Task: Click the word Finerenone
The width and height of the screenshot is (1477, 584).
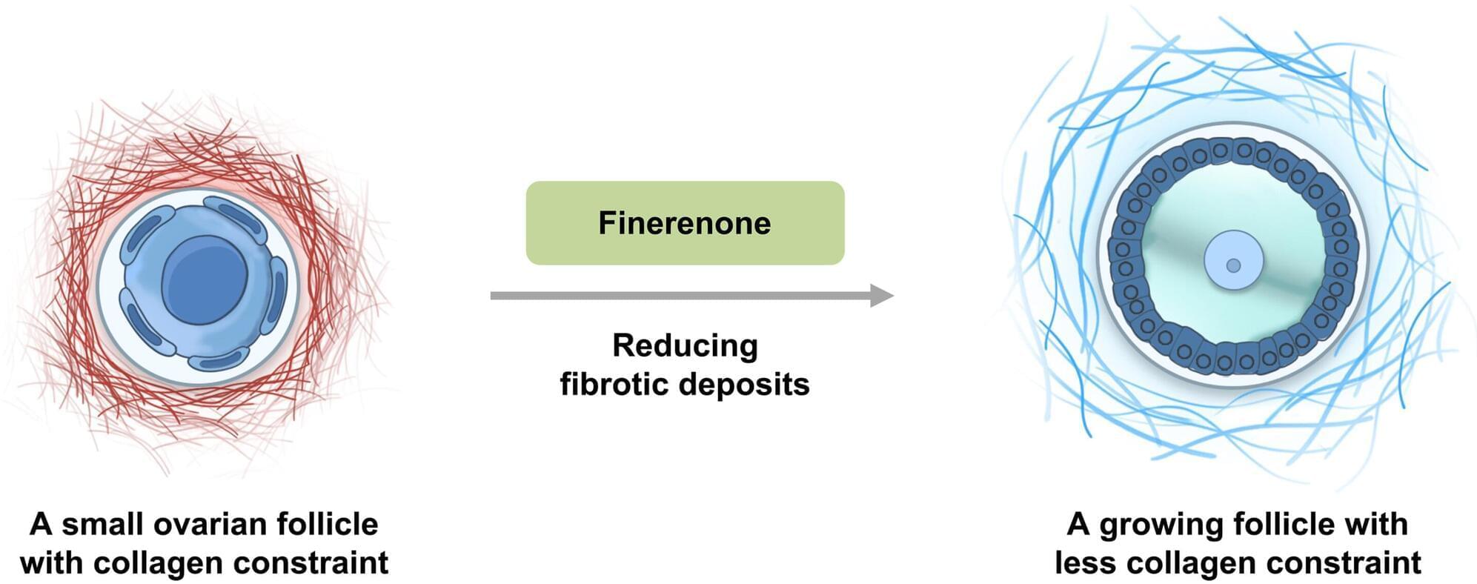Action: click(x=684, y=223)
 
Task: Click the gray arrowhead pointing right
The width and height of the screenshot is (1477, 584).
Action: click(x=881, y=296)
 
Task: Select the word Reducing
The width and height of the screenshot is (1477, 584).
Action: click(x=685, y=345)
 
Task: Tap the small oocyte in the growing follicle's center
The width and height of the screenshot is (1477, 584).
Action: click(x=1233, y=264)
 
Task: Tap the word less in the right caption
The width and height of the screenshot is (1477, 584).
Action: click(x=1086, y=563)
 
